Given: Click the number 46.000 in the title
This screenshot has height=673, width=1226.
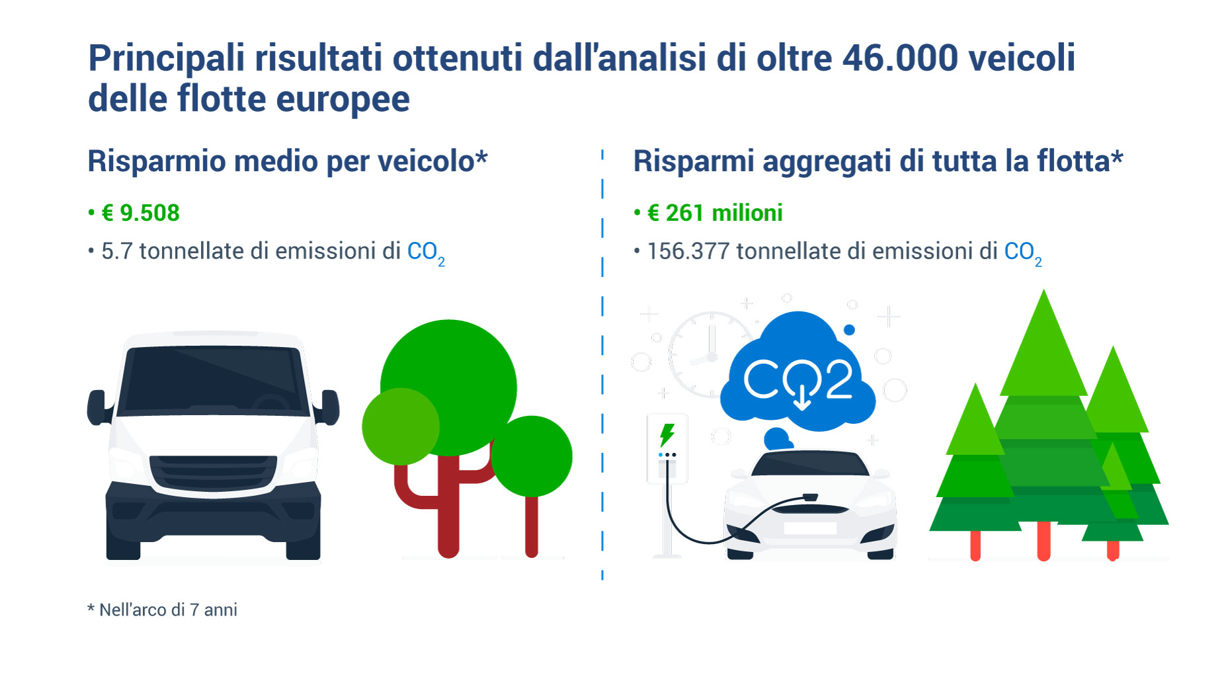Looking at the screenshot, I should point(899,58).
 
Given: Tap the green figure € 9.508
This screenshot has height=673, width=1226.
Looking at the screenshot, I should point(140,213).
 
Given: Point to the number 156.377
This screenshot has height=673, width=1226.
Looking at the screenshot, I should point(688,251).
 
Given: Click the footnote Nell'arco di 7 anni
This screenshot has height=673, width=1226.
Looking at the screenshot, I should point(168,610).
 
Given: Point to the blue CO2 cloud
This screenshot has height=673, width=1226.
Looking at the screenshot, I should point(797,377).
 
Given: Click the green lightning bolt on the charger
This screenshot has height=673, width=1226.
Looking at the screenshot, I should point(667,435).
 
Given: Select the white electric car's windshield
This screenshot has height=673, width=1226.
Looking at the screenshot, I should point(810,465).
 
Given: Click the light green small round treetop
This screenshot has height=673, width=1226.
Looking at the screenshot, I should point(401,426).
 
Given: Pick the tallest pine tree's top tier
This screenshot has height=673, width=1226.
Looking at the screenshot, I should point(1043,350).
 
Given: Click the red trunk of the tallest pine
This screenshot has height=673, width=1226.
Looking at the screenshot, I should point(1043,541).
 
